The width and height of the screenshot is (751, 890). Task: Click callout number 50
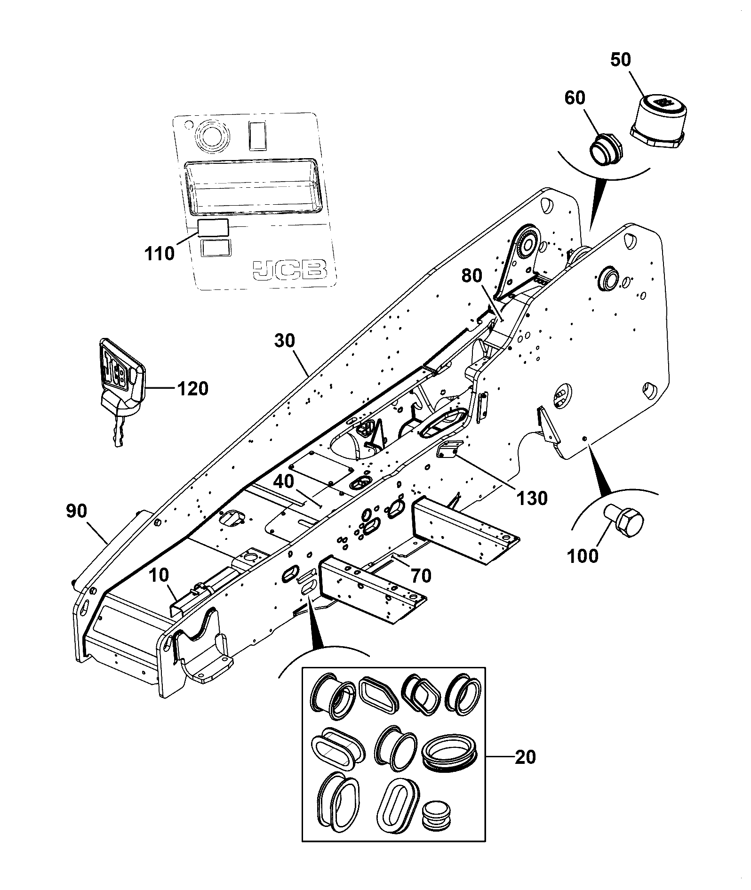click(621, 61)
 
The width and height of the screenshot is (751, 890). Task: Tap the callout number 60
click(575, 98)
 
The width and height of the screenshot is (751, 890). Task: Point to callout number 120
click(192, 389)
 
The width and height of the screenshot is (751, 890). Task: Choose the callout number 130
click(532, 497)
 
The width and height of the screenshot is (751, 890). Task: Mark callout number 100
click(583, 556)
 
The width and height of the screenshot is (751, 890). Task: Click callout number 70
click(421, 576)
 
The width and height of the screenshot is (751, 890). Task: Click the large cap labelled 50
click(658, 123)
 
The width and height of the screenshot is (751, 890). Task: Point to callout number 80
click(472, 276)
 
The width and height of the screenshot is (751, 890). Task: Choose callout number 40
click(284, 481)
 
